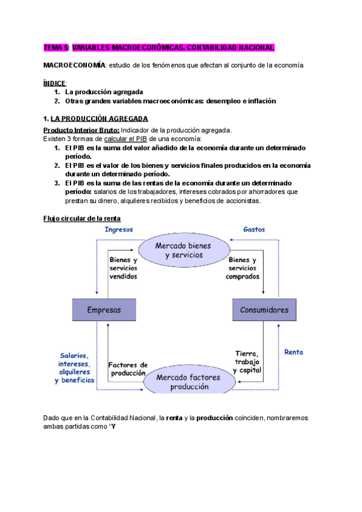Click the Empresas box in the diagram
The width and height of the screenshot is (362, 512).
(x=104, y=310)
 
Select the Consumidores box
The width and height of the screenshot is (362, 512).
(x=263, y=310)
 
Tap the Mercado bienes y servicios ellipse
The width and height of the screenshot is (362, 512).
(x=183, y=250)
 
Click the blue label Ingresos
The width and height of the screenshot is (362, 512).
(x=119, y=229)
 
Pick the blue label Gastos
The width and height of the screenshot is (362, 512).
(x=253, y=229)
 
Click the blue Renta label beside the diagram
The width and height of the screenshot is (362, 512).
(x=293, y=352)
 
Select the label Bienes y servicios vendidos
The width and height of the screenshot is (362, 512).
(x=123, y=268)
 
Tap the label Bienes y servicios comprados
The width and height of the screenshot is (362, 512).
(x=243, y=268)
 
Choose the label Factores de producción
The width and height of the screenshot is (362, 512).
(x=128, y=369)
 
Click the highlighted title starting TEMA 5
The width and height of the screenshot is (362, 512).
(x=159, y=47)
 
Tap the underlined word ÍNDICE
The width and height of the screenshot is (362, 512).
(x=56, y=83)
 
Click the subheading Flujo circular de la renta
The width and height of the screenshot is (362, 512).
(x=81, y=218)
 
